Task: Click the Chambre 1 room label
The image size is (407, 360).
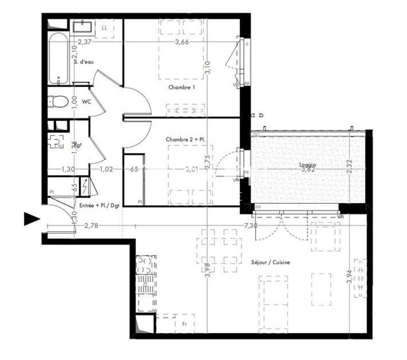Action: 182,87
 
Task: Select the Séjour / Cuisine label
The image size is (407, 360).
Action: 271,262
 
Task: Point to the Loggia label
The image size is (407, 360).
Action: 308,165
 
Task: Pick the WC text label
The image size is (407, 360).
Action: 86,101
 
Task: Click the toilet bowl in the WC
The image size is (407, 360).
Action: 58,101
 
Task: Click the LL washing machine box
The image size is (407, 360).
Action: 104,27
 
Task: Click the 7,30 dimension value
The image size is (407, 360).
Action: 250,225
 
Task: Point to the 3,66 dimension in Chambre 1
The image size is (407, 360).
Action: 182,42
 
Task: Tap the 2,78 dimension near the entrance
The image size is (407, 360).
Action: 92,225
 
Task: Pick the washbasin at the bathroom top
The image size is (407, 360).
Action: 81,26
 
